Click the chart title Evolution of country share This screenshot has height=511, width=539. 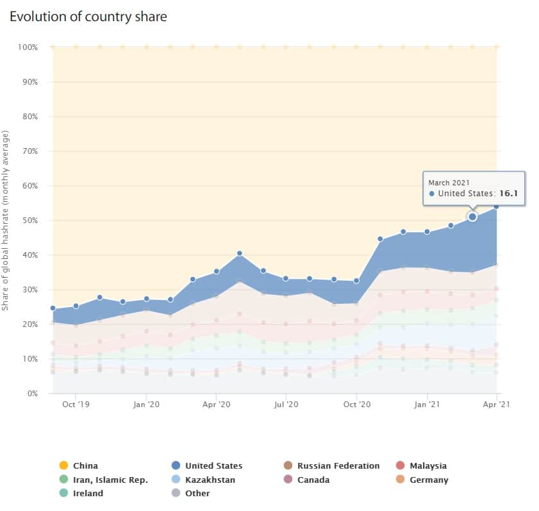pyautogui.click(x=88, y=17)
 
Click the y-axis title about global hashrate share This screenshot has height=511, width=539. pyautogui.click(x=5, y=221)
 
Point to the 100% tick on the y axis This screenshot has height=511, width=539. pyautogui.click(x=29, y=47)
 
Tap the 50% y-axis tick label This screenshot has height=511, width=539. pyautogui.click(x=30, y=221)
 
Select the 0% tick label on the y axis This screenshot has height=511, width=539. pyautogui.click(x=33, y=394)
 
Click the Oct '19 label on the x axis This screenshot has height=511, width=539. pyautogui.click(x=76, y=405)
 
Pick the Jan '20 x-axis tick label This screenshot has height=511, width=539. pyautogui.click(x=146, y=405)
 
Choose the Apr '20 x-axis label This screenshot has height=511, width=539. pyautogui.click(x=217, y=405)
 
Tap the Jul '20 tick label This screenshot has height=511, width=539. pyautogui.click(x=286, y=405)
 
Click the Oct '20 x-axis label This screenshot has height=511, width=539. pyautogui.click(x=357, y=405)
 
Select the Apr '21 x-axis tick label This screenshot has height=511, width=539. pyautogui.click(x=496, y=405)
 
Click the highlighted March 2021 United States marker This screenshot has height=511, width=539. pyautogui.click(x=472, y=217)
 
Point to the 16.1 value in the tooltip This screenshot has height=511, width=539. pyautogui.click(x=508, y=193)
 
